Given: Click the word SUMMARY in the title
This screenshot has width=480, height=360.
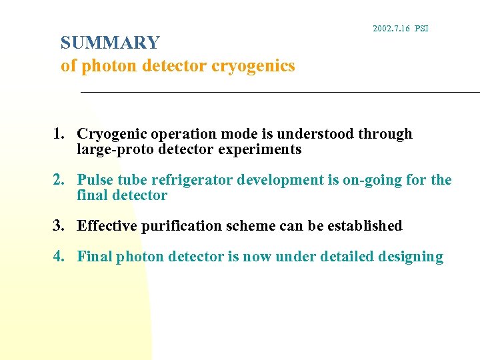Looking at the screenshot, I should (110, 43).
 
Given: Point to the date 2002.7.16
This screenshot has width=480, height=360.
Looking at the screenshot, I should (391, 29).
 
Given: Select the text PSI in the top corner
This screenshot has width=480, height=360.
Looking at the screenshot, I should (421, 29).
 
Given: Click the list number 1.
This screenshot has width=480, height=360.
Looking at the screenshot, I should (59, 134).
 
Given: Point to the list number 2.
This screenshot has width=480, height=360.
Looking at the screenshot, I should (59, 180).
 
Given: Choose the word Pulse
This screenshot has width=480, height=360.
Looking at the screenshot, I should (95, 180).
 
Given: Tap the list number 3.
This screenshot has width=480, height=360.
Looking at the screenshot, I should (59, 226).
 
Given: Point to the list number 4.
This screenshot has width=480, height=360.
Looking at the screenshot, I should (59, 257).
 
